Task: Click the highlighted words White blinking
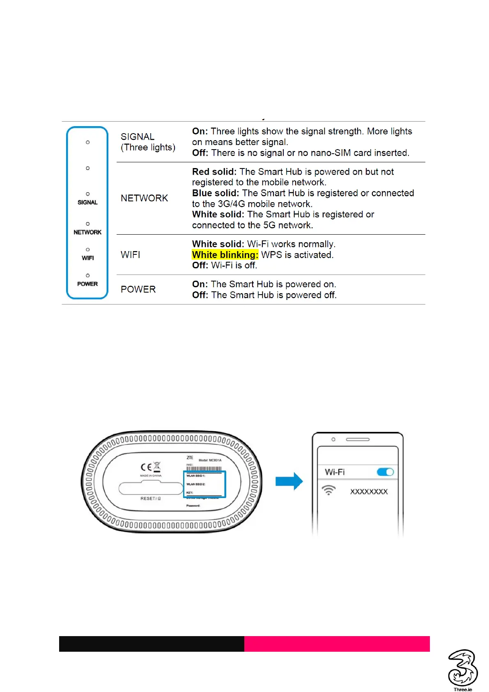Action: tap(225, 255)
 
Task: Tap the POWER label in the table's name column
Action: tap(138, 289)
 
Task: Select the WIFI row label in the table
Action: tap(130, 255)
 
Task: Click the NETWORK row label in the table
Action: tap(144, 198)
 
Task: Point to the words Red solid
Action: tap(214, 172)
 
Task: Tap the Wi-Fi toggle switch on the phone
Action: tap(385, 472)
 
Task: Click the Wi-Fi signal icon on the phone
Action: tap(328, 490)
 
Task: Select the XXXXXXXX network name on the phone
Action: tap(369, 492)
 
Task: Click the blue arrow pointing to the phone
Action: tap(289, 481)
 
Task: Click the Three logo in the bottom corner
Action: tap(462, 668)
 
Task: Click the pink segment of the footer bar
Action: tap(337, 644)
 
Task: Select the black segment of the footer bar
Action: tap(152, 644)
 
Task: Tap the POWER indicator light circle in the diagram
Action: tap(87, 275)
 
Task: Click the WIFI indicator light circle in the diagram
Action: tap(87, 249)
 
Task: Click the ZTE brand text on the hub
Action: tap(190, 457)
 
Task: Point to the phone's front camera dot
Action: tap(333, 439)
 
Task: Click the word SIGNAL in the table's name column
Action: tap(137, 137)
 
